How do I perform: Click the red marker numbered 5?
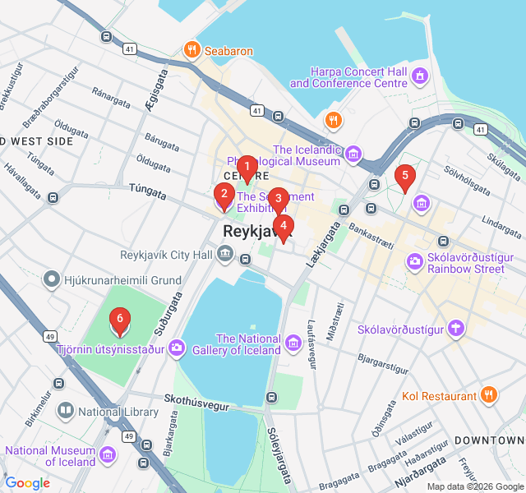coord(404,176)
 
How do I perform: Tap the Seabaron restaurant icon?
coord(192,51)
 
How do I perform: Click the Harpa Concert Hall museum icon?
coord(421,76)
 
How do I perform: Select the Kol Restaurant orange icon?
coord(489,395)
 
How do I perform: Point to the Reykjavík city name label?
coord(257,233)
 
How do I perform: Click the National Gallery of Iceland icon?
coord(293,342)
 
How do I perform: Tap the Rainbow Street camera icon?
coord(415,261)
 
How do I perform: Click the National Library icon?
coord(66,409)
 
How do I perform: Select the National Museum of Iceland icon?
coord(106,454)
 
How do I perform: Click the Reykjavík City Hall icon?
coord(225,255)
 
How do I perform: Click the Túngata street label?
coord(148,191)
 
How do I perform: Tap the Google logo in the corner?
coord(28,482)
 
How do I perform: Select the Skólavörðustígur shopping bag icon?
coord(455,329)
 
